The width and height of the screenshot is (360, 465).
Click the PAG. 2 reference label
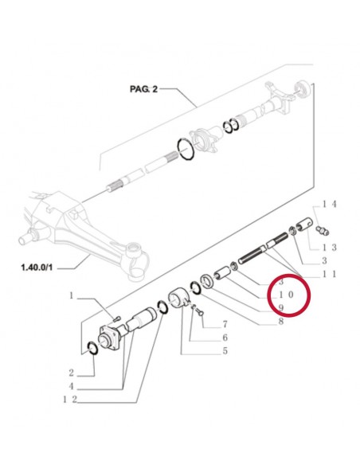point(144,88)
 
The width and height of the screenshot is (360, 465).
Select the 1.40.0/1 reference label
point(37,268)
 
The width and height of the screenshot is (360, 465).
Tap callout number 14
point(330,204)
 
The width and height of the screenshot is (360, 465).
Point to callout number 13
point(330,248)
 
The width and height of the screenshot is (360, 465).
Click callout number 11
point(330,274)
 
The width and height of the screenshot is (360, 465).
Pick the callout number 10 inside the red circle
point(286,295)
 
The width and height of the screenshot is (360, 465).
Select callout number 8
point(280,321)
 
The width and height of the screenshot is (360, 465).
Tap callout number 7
point(225,324)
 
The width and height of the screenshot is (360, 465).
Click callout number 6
point(225,338)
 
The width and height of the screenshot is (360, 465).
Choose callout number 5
point(225,351)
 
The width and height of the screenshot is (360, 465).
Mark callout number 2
point(71,373)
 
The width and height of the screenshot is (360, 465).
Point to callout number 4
point(71,386)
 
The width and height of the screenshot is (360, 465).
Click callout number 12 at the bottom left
point(70,400)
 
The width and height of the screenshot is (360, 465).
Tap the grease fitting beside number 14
point(323,230)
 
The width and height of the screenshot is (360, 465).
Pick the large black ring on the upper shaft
point(186,149)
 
